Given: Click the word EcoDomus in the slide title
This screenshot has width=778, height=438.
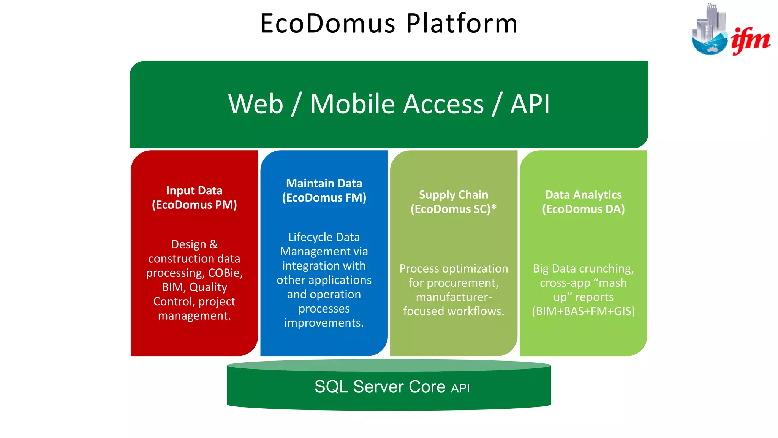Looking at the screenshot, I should coord(327,24).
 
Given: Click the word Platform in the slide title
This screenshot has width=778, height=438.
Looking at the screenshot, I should coord(462,24).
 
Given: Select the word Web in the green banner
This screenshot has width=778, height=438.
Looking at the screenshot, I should coord(256,104).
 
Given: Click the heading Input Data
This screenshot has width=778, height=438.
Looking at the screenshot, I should coord(194,190).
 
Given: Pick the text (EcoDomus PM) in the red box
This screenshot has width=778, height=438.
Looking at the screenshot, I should coord(194,205).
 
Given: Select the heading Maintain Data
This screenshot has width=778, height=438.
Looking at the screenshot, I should coord(324,183).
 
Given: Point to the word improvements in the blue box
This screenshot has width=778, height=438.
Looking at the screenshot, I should coord(324,323).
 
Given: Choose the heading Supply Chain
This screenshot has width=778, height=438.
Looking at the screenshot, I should coord(454,195).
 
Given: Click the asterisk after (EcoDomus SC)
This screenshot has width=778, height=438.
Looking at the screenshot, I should coord(494,208).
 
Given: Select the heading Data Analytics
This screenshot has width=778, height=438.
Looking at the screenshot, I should coord(583,195).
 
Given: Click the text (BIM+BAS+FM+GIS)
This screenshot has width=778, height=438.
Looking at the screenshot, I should coord(583,311).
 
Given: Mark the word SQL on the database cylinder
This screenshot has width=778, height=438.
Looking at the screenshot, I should coord(331,387).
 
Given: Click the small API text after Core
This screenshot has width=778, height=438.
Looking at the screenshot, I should coord(460,388).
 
